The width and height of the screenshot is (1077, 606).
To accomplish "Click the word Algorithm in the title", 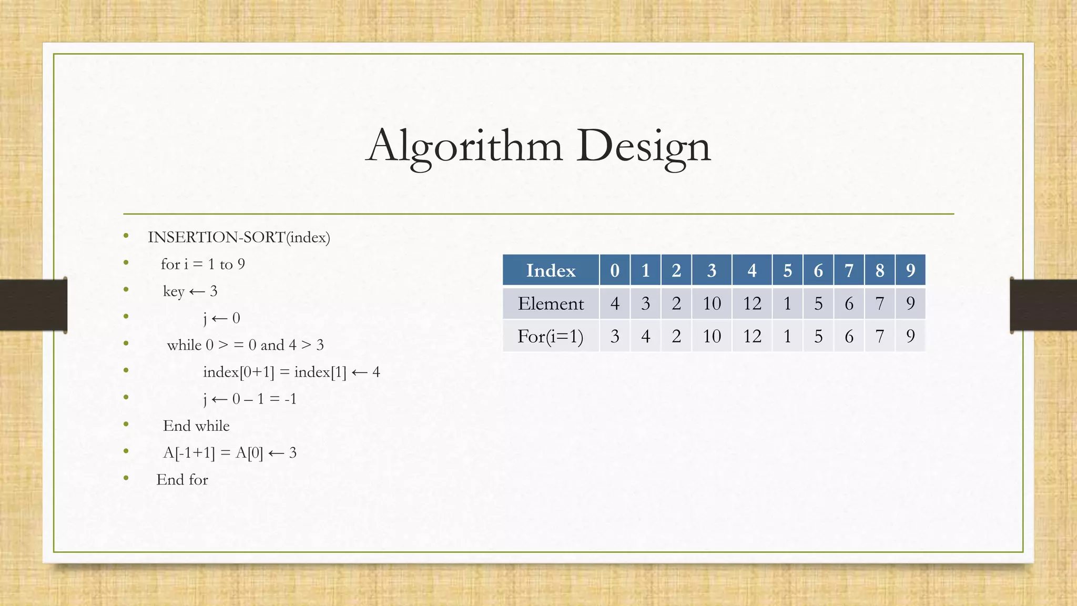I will coord(464,146).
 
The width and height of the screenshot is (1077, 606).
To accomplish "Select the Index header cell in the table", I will coord(551,270).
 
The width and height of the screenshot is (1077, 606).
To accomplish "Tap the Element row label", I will coord(551,304).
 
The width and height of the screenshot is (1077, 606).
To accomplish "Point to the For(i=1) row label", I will coord(551,336).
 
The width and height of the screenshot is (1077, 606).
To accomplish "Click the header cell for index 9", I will coord(910,270).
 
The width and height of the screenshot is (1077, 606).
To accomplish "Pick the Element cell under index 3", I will coord(712,304).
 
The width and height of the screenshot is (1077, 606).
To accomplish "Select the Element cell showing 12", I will coord(752,304).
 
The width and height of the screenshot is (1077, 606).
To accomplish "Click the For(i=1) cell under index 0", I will coord(615,336).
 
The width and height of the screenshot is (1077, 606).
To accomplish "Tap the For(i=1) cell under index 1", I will coord(646,336).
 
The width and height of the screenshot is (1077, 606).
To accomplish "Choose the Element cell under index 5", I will coord(787,304).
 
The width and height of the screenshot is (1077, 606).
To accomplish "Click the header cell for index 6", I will coord(818,270).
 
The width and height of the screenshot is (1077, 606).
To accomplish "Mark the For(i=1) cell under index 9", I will coord(910,336).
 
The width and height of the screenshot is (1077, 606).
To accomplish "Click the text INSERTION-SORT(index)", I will coord(239,237).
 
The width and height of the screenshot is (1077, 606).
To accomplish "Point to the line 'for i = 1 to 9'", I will coord(203,264).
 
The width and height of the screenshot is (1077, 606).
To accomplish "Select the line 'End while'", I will coord(196,426).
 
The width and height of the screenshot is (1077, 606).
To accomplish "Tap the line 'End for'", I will coord(182,480).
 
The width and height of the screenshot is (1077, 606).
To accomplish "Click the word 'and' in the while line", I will coord(272,345).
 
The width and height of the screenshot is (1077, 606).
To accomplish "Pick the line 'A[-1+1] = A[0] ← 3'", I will coord(230,453).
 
